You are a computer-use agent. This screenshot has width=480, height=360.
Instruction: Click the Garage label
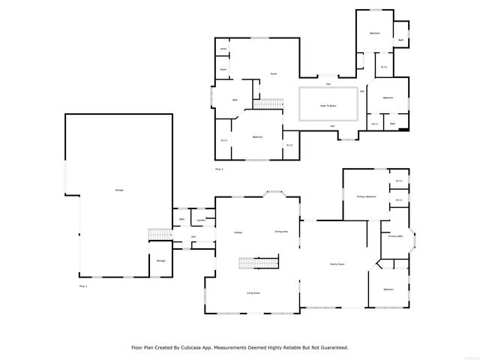119,190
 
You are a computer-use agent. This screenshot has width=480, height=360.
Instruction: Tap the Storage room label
161,260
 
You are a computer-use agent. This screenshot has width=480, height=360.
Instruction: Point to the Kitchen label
238,232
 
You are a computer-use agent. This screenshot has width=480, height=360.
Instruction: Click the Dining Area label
281,232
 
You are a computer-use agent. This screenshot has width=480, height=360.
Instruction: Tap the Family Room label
337,264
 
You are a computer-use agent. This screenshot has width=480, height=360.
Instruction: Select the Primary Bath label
395,237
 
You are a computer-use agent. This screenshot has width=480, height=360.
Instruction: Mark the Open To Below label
328,106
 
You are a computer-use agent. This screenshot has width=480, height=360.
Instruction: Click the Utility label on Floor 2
223,49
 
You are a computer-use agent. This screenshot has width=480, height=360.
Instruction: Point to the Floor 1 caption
83,286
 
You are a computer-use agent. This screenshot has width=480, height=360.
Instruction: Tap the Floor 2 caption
220,169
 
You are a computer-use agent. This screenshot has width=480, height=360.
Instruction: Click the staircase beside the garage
158,235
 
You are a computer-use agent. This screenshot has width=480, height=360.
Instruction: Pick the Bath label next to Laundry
181,220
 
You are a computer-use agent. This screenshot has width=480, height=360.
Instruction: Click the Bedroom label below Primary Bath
388,289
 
